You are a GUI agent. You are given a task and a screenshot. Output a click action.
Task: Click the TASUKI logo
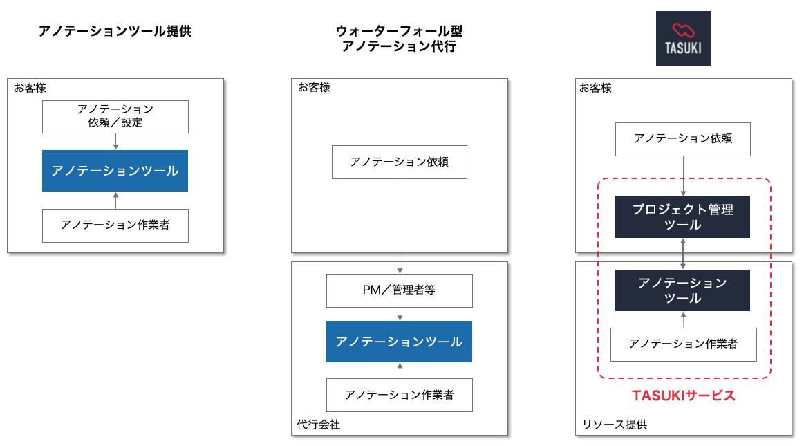tap(683, 39)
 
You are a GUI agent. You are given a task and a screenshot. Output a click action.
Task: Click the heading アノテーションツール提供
tap(115, 31)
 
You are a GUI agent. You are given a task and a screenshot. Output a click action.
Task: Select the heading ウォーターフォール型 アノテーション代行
tap(399, 39)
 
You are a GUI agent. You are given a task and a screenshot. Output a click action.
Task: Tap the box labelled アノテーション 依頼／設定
tap(115, 117)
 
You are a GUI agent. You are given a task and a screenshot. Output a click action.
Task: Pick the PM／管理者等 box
tap(400, 290)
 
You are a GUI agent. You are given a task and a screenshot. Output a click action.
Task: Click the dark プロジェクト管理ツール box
tap(683, 217)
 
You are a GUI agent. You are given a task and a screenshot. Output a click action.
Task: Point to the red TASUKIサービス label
tap(683, 396)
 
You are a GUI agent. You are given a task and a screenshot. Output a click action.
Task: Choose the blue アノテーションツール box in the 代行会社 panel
tap(400, 342)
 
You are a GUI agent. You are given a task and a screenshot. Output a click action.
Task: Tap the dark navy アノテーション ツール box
tap(683, 290)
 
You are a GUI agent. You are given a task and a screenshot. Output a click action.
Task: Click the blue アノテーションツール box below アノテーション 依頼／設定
tap(115, 171)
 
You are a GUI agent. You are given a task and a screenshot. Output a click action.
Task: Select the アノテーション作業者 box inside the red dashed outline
tap(683, 344)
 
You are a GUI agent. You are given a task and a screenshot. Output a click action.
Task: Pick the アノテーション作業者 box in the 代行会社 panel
tap(400, 396)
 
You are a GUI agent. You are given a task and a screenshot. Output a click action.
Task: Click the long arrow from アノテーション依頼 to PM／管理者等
tap(400, 221)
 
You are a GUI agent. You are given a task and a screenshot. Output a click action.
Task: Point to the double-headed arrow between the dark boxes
tap(683, 254)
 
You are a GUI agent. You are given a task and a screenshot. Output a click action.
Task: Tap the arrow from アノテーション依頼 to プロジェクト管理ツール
tap(683, 176)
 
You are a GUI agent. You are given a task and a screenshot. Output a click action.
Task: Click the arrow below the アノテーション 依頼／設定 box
tap(115, 141)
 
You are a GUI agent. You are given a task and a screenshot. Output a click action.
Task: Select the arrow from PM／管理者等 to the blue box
tap(400, 314)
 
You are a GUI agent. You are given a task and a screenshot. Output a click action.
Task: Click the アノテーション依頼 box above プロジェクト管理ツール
tap(683, 138)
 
